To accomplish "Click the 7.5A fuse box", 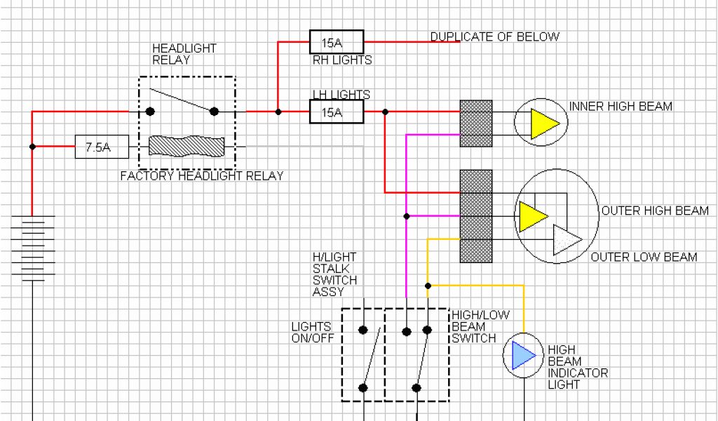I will coord(102,147).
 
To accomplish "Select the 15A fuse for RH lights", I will coord(337,42).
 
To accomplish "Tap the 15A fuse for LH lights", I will coord(337,112).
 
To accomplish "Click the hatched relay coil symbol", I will coord(187,146).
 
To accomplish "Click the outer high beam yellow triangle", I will coord(532,215).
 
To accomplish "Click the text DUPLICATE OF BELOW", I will coord(494,36).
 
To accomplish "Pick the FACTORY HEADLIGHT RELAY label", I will coord(202,175).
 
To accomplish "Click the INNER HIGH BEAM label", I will coord(621,107).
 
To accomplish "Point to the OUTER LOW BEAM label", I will coord(644,257).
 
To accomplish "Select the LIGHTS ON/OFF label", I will coord(311,333).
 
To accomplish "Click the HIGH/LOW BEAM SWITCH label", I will coord(474,326).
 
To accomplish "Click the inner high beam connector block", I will coord(475,123).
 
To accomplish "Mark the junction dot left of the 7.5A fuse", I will coord(32,147).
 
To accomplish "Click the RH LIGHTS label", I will coord(342,60).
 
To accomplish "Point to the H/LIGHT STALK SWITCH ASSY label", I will coord(334,274).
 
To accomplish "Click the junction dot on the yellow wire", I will coord(428,286).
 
